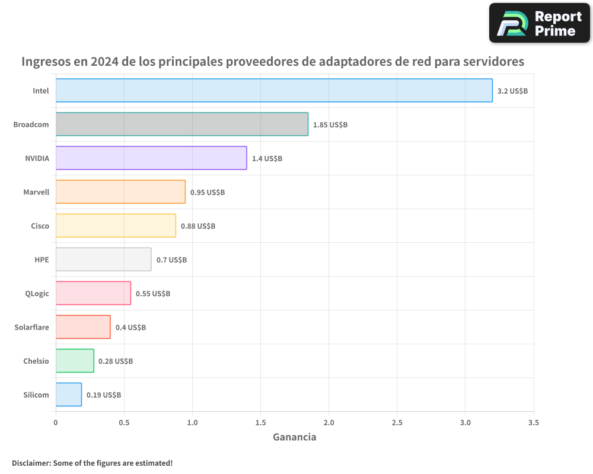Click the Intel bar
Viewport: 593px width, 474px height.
[274, 91]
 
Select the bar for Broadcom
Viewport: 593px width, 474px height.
[182, 124]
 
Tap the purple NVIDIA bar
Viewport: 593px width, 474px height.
[151, 158]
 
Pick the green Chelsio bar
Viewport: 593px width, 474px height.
[75, 361]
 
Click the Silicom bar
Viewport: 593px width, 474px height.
[69, 395]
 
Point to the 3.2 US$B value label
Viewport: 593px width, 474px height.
[512, 91]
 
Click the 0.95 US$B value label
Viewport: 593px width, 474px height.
[208, 193]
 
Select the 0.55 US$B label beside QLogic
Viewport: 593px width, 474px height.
[153, 294]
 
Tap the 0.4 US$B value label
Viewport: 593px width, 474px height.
[130, 328]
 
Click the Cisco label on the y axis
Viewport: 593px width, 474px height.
[40, 226]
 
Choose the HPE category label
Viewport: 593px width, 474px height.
[42, 260]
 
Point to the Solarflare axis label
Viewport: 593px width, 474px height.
[31, 327]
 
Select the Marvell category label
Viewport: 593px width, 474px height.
[36, 192]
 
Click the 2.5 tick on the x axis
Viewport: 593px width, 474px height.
[397, 423]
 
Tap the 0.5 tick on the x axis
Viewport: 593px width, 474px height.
[124, 423]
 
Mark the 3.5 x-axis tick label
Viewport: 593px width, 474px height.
[534, 423]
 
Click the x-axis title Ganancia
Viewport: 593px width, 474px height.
[295, 437]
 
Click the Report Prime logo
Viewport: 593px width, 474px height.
[539, 23]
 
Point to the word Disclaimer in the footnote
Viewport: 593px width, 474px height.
[30, 463]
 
